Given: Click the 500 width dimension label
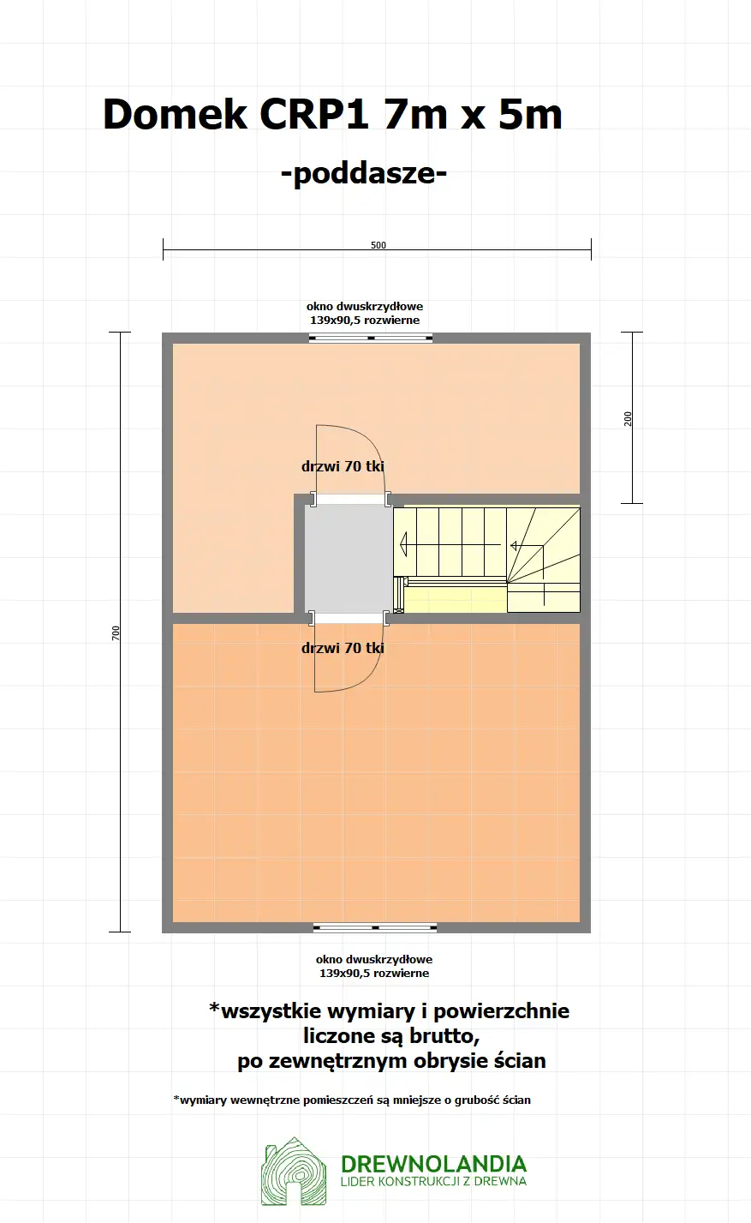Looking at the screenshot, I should pos(378,245).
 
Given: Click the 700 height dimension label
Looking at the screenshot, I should pos(116,632).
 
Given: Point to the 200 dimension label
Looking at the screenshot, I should pos(628,418).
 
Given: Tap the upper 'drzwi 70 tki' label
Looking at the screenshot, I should pos(343,467).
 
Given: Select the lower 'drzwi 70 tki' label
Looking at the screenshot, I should pos(343,648).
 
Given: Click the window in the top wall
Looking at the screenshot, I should pos(371,338).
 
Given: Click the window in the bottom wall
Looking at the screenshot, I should pos(375,927).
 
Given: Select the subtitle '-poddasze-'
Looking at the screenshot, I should pos(364,173).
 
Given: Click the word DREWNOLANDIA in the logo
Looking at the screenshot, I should pos(433,1164).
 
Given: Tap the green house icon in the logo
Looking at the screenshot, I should pos(294,1172).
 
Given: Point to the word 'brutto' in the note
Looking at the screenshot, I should pos(441,1035).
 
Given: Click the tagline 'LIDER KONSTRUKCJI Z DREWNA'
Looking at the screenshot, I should pos(433,1181).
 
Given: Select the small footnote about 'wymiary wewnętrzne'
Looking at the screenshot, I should pos(352,1100).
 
